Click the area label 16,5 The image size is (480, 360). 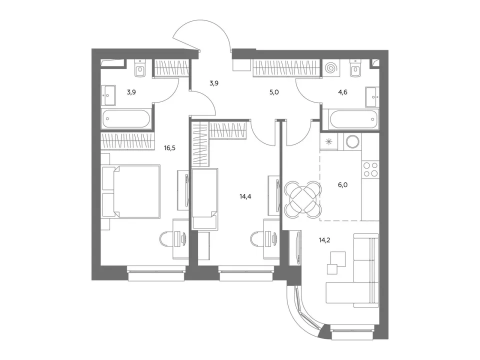(169, 148)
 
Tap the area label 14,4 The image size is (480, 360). (245, 196)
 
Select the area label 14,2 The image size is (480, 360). (324, 240)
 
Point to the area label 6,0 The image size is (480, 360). (342, 185)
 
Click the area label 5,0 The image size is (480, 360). (274, 92)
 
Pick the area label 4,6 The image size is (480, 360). (342, 92)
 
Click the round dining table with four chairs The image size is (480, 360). (303, 199)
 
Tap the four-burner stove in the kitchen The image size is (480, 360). (370, 169)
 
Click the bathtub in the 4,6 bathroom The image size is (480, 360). (353, 119)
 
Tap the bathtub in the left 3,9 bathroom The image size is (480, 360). (126, 118)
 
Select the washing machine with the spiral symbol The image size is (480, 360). (330, 67)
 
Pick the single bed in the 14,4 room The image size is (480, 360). (205, 198)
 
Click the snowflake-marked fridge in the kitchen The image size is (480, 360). (329, 141)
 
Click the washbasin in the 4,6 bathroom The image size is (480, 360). (372, 97)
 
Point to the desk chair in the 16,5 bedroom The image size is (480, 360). (166, 238)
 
